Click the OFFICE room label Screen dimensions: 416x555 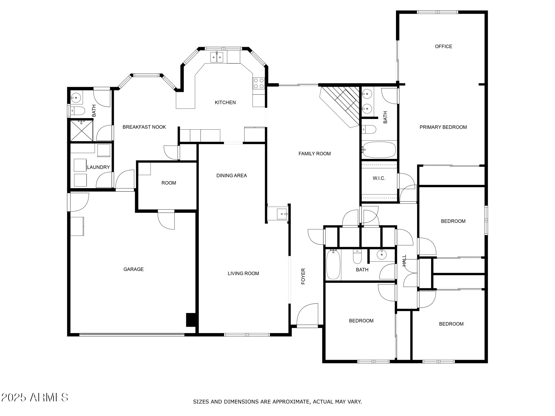pyautogui.click(x=443, y=46)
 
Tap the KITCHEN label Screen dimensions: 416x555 pyautogui.click(x=225, y=102)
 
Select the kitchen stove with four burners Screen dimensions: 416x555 pyautogui.click(x=259, y=83)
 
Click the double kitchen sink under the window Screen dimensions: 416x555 pyautogui.click(x=217, y=57)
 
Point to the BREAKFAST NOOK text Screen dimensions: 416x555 pyautogui.click(x=144, y=127)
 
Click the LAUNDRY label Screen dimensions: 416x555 pyautogui.click(x=98, y=167)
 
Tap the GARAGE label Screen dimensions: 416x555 pyautogui.click(x=133, y=269)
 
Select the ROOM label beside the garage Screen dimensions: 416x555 pyautogui.click(x=168, y=183)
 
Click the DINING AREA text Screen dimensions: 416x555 pyautogui.click(x=231, y=175)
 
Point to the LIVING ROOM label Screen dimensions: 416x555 pyautogui.click(x=243, y=273)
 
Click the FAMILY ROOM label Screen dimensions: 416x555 pyautogui.click(x=314, y=154)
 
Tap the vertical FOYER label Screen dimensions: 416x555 pyautogui.click(x=303, y=276)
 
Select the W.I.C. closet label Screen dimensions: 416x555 pyautogui.click(x=379, y=178)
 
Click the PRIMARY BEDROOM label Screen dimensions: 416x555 pyautogui.click(x=443, y=127)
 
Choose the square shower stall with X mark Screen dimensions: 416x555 pyautogui.click(x=82, y=130)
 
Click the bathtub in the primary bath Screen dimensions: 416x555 pyautogui.click(x=379, y=150)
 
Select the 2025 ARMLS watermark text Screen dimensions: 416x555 pyautogui.click(x=34, y=397)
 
